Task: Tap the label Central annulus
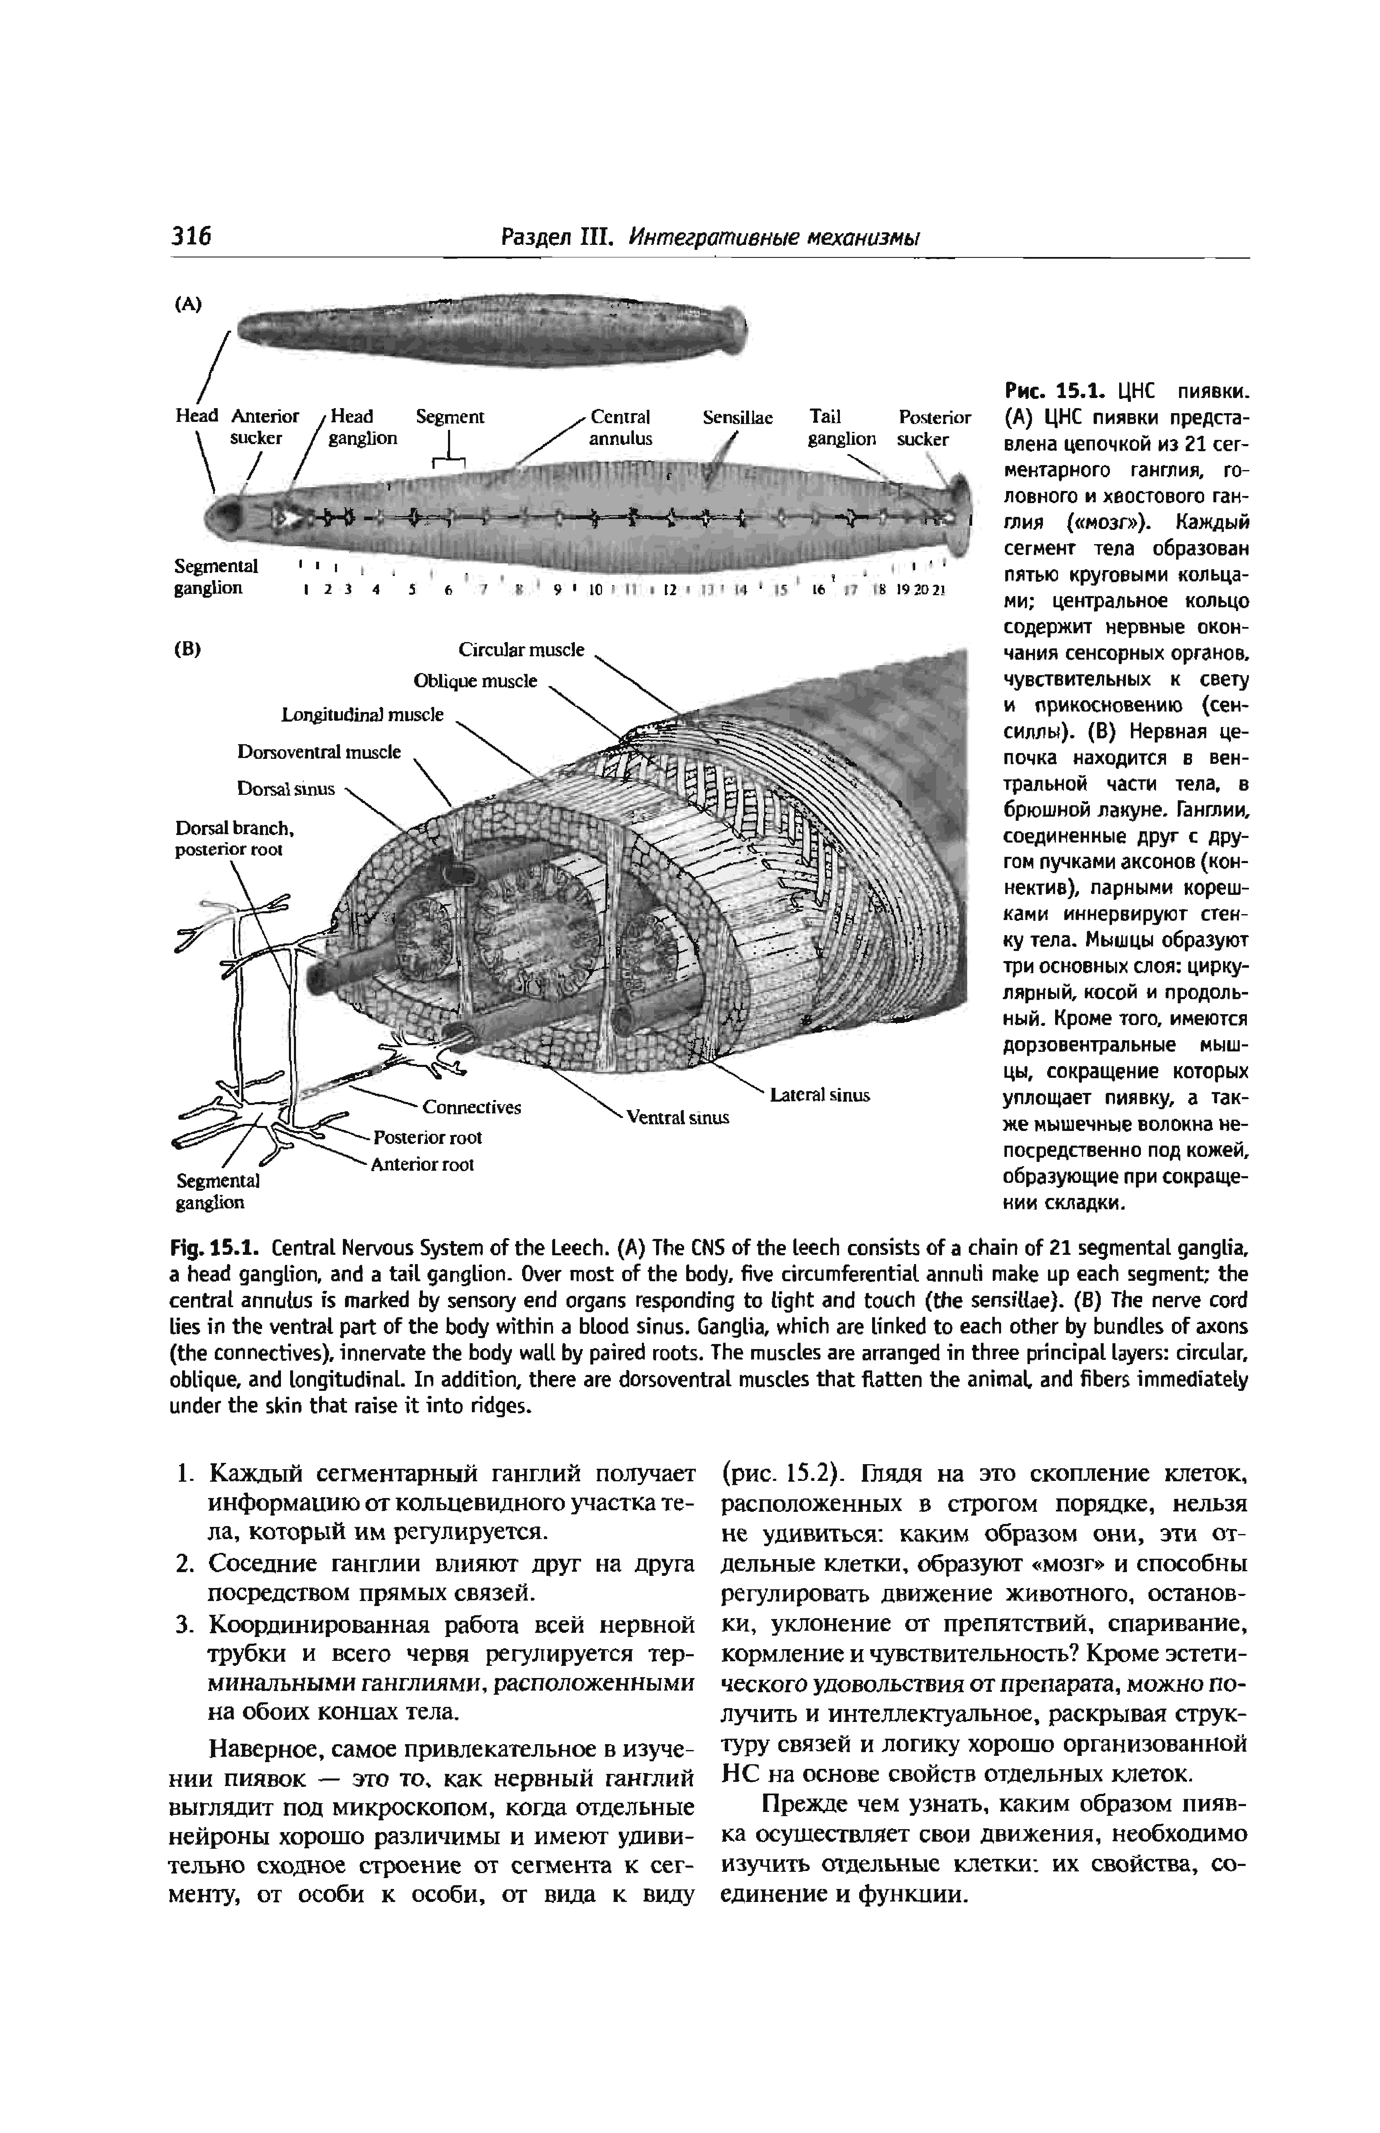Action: [x=620, y=427]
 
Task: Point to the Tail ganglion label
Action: [x=842, y=427]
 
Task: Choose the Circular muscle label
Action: [x=520, y=649]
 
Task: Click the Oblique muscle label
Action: [x=475, y=681]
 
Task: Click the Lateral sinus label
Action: [x=820, y=1095]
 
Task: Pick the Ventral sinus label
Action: [x=677, y=1117]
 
